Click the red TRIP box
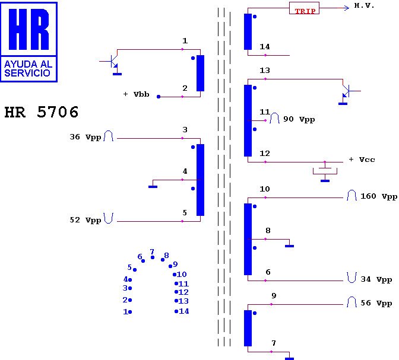(304, 9)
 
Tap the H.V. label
(364, 6)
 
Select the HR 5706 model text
(42, 112)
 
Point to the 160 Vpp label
(379, 196)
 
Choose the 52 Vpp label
(85, 220)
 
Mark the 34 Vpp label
(376, 279)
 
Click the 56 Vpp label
(376, 303)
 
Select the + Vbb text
(136, 95)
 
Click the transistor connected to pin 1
(113, 62)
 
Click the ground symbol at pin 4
(153, 186)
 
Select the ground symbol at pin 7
(289, 358)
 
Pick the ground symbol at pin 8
(289, 245)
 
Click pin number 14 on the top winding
(265, 47)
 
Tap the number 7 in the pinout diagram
(152, 252)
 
